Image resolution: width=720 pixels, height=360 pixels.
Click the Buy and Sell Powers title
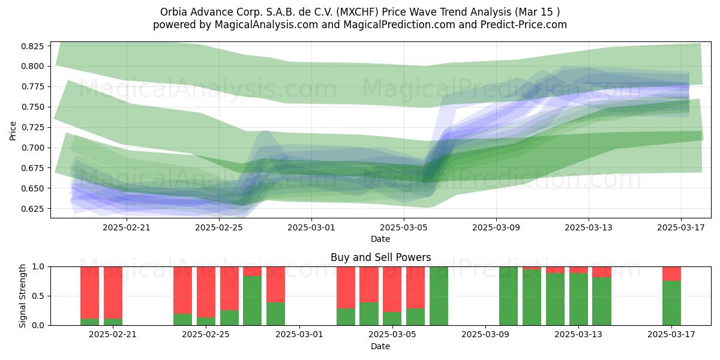[380, 257]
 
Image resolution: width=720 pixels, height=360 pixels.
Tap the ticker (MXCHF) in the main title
[358, 12]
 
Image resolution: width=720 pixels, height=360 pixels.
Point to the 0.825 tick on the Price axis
[32, 46]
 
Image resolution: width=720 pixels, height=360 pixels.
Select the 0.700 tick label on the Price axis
[32, 148]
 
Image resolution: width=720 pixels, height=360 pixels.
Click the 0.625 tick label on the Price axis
[32, 209]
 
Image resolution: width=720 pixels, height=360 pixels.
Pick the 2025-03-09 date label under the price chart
[496, 227]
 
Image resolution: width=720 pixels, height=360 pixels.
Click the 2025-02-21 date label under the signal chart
[113, 335]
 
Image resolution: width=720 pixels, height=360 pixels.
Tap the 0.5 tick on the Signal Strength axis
[38, 296]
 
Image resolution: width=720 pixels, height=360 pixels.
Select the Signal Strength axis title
[22, 296]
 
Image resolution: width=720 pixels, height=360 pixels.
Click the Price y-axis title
[13, 131]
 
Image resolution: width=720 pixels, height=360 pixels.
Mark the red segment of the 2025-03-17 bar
[671, 274]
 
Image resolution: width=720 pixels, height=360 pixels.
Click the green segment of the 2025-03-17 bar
[671, 303]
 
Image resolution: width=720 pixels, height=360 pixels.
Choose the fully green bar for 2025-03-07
[439, 296]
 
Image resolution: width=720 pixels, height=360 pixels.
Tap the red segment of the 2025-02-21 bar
[113, 293]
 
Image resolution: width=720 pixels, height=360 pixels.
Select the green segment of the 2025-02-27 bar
[253, 301]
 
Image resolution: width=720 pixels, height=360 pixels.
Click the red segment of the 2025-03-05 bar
[392, 289]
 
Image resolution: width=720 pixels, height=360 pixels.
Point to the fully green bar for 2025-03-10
[509, 296]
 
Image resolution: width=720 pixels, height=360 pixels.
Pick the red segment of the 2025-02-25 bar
[206, 292]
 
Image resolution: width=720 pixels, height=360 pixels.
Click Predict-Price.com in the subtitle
[524, 25]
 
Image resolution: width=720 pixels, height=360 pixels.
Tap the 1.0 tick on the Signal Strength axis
[38, 267]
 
